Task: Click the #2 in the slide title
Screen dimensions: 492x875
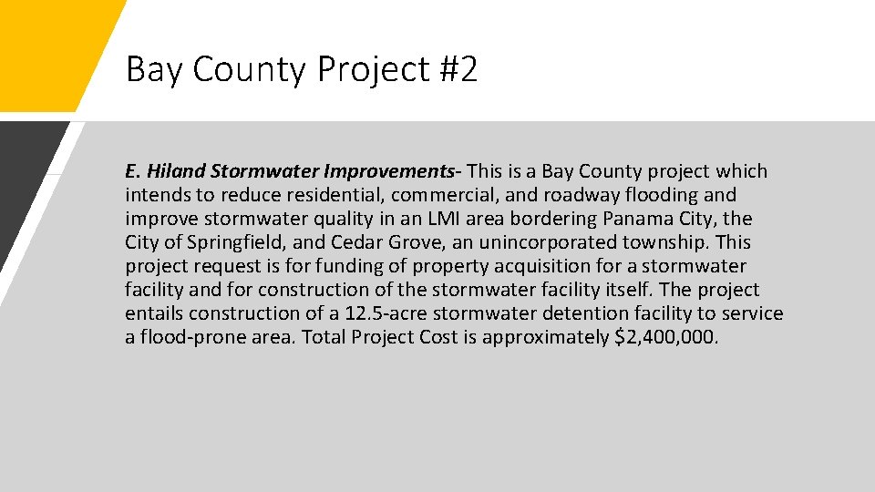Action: coord(457,69)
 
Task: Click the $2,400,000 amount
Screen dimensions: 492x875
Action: coord(667,337)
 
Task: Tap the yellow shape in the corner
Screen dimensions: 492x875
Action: coord(46,46)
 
